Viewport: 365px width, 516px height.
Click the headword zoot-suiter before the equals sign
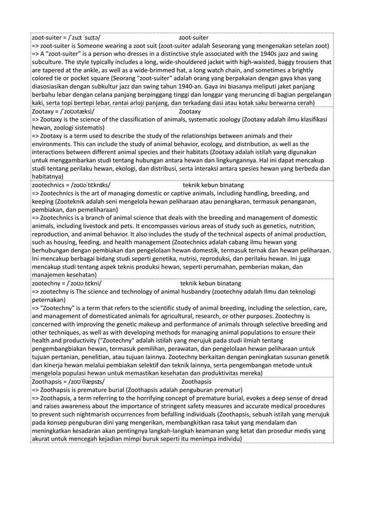[47, 36]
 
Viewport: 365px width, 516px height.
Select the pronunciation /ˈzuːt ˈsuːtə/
[86, 36]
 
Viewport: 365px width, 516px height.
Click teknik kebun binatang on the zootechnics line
[213, 186]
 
